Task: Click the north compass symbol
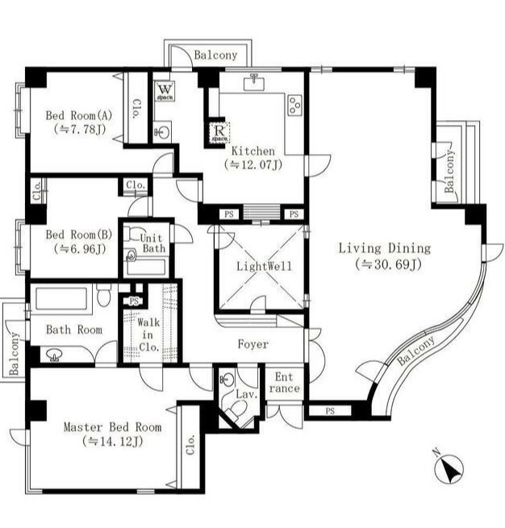click(449, 468)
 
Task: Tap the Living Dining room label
click(384, 248)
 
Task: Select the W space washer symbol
click(165, 91)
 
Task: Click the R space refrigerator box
click(219, 133)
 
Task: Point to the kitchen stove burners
click(294, 106)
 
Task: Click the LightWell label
click(264, 266)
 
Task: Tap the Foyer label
click(253, 344)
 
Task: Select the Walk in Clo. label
click(148, 335)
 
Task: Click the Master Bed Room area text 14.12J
click(112, 441)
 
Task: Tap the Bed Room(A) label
click(79, 115)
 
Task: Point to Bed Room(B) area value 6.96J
click(80, 249)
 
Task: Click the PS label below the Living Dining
click(330, 411)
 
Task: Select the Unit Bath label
click(152, 243)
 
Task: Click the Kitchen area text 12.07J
click(253, 164)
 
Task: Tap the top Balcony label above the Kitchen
click(215, 55)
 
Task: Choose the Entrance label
click(284, 383)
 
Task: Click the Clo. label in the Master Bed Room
click(190, 444)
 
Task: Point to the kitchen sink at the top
click(253, 82)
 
